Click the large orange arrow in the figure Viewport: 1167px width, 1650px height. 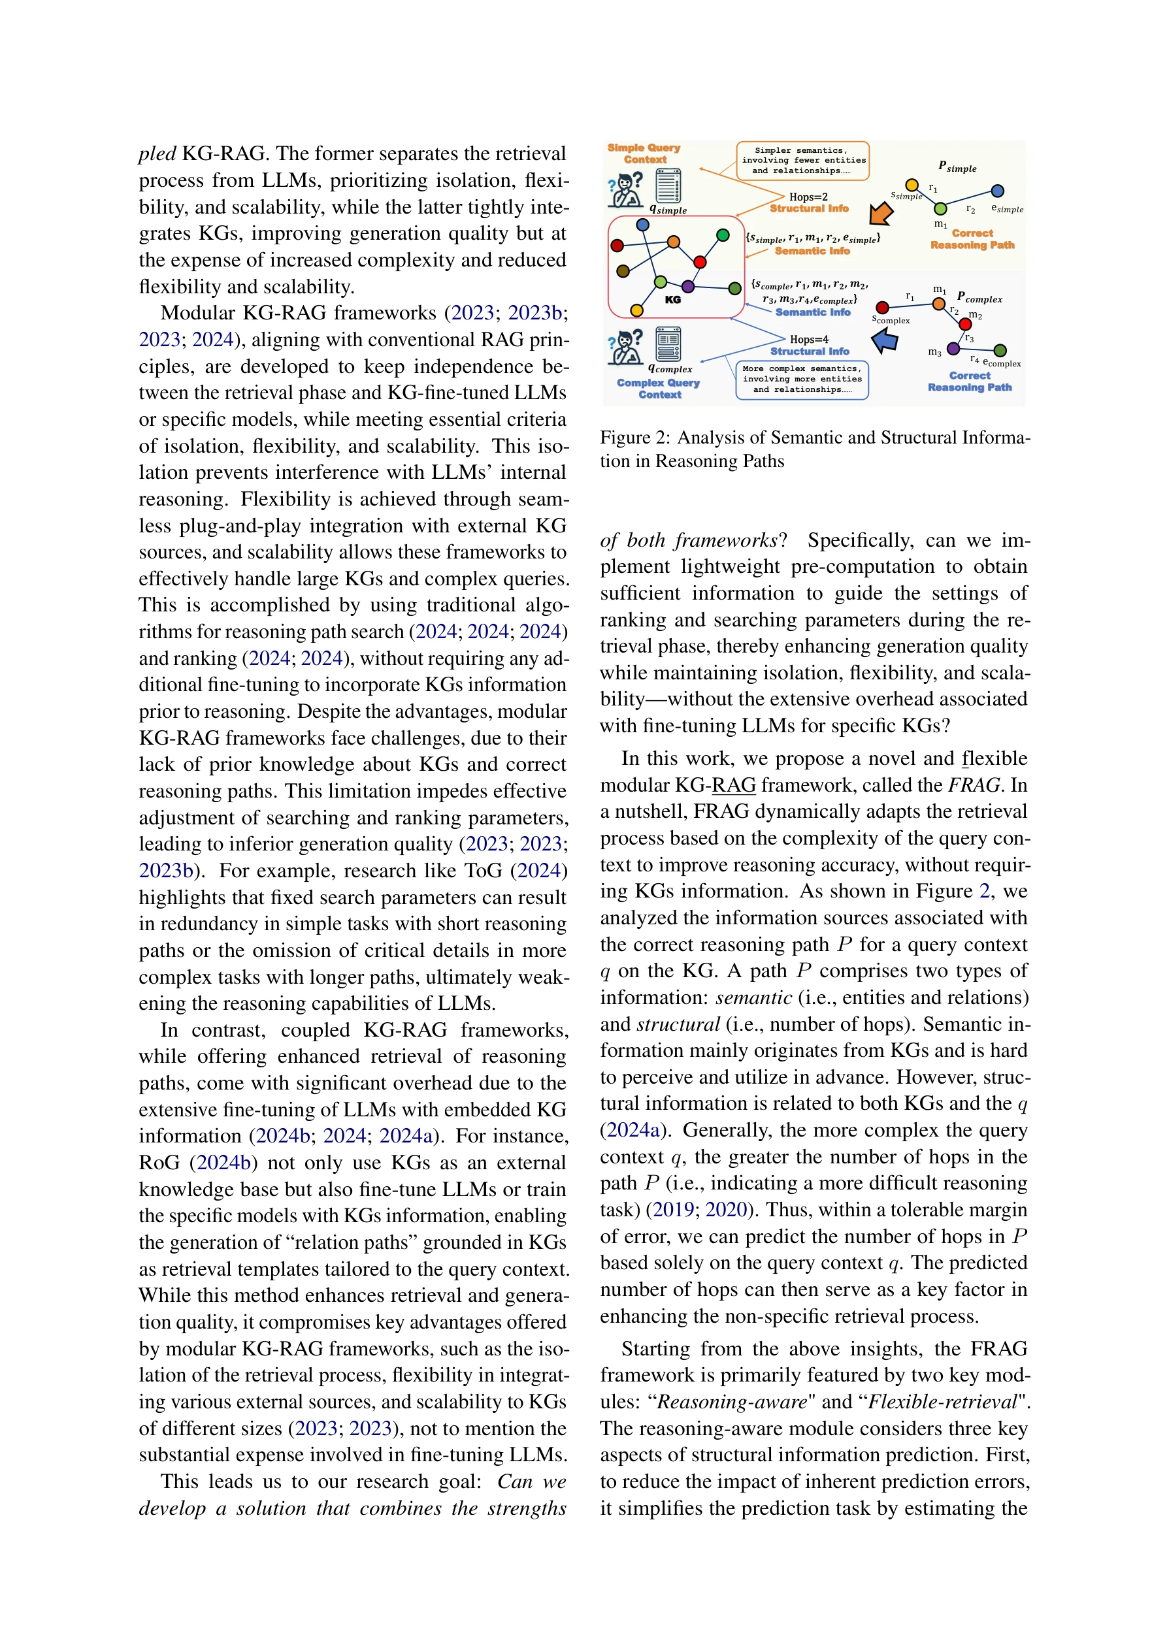click(x=881, y=214)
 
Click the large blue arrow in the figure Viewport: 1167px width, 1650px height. click(x=885, y=340)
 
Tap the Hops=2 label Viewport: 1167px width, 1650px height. click(x=808, y=197)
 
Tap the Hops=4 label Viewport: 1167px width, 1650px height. click(x=809, y=339)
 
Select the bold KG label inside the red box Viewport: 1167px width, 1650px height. click(x=672, y=300)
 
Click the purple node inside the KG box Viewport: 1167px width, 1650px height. click(x=687, y=286)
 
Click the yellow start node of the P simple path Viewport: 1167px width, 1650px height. click(x=911, y=186)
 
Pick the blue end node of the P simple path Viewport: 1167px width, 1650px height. click(x=997, y=191)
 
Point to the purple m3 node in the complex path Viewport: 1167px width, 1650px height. click(x=953, y=349)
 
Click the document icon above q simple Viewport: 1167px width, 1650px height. click(x=668, y=186)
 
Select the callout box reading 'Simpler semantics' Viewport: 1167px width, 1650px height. click(x=802, y=161)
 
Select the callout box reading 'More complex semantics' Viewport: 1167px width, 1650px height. click(x=802, y=380)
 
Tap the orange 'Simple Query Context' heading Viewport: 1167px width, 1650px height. click(x=644, y=153)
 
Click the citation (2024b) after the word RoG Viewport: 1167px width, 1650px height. click(x=223, y=1163)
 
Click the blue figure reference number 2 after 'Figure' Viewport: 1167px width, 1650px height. click(x=984, y=891)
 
